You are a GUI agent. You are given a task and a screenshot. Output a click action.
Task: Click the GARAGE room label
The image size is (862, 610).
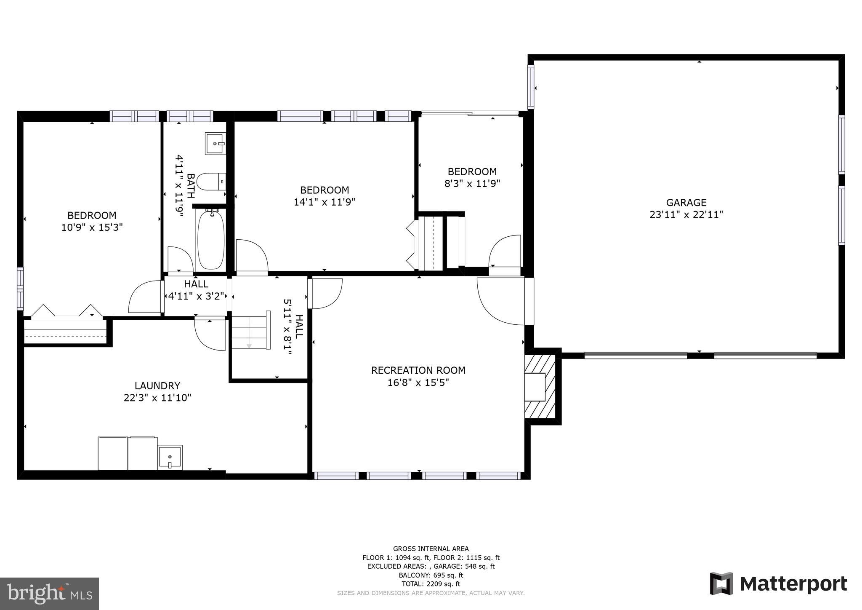click(x=686, y=203)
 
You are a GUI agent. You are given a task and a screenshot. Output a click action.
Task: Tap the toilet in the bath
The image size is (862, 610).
click(x=213, y=182)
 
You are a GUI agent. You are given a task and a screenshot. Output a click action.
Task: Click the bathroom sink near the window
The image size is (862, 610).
click(x=215, y=143)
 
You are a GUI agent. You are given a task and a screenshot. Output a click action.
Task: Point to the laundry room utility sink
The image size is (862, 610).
click(x=170, y=457)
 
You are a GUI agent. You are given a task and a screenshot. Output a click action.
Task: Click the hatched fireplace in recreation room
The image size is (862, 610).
click(x=541, y=386)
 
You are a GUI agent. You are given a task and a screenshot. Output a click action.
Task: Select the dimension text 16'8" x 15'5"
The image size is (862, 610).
click(x=418, y=383)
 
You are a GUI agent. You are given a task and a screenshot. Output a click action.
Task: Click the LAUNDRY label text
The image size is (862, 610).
click(x=157, y=385)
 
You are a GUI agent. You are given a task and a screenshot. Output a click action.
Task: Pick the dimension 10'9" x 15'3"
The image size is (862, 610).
click(x=92, y=227)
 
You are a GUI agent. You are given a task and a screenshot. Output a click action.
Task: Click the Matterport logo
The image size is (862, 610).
click(x=778, y=584)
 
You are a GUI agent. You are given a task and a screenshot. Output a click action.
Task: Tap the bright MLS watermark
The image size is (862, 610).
click(x=49, y=594)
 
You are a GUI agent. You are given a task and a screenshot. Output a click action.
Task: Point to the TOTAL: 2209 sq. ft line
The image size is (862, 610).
click(x=431, y=584)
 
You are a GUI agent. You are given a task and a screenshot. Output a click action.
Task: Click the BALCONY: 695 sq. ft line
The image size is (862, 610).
click(x=431, y=575)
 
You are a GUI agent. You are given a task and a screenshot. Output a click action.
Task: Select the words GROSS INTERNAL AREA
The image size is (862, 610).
click(x=431, y=548)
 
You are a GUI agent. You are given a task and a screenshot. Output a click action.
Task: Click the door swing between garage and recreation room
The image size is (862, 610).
click(x=501, y=301)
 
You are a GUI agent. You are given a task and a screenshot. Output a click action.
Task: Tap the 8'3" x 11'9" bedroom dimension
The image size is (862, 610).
click(x=472, y=184)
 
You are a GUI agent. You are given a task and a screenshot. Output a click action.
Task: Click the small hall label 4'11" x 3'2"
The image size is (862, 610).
click(x=196, y=296)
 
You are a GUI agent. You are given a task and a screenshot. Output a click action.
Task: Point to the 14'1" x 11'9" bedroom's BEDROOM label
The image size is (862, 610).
click(x=324, y=190)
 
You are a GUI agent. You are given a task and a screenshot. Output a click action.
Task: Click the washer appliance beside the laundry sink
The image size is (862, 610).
click(x=143, y=453)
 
